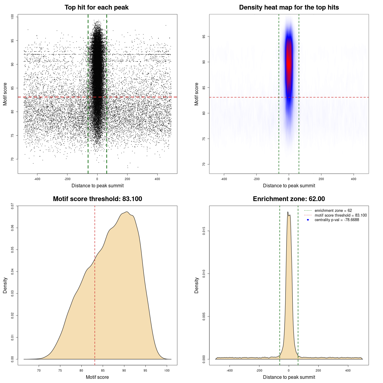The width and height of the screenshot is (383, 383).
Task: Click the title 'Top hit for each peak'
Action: tap(97, 7)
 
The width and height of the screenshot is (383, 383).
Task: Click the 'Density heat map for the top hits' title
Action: tap(289, 7)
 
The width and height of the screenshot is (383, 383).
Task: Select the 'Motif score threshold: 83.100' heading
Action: tap(97, 199)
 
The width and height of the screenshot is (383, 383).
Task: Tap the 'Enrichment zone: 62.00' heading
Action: tap(289, 199)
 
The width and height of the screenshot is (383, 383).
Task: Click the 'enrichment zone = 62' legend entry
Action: tap(333, 211)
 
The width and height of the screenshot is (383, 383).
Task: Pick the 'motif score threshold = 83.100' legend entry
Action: tap(341, 215)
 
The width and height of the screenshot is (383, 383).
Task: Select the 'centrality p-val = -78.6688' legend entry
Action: tap(337, 220)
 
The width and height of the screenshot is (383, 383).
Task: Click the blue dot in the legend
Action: tap(308, 220)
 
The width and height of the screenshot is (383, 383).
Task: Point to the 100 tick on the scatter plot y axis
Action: tap(13, 17)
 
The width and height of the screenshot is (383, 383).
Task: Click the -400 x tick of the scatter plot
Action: tap(37, 179)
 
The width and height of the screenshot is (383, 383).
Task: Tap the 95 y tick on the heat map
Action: tap(204, 37)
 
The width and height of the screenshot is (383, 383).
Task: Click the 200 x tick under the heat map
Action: tap(321, 179)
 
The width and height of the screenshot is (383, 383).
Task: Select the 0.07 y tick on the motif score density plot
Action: tap(13, 206)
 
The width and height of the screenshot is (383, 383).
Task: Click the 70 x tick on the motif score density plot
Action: tap(39, 370)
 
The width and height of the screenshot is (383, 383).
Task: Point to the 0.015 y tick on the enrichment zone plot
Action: tap(204, 231)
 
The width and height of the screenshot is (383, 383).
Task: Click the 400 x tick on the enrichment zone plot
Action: tap(348, 370)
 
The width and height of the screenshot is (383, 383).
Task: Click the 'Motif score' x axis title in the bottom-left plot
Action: tap(97, 377)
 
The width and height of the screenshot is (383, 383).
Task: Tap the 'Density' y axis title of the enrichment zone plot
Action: tap(197, 285)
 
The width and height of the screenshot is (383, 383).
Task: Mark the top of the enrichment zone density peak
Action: tap(288, 212)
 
